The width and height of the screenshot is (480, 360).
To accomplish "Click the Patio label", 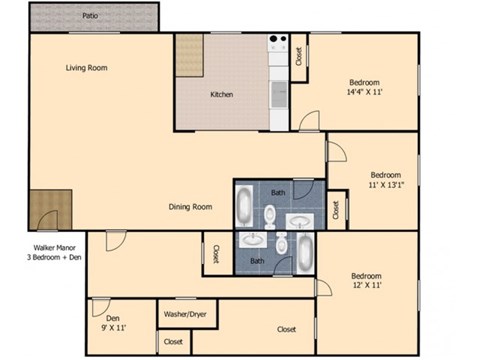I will [x=90, y=16].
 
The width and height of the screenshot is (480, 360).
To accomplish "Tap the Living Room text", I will [x=86, y=68].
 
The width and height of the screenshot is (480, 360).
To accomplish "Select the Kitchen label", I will [x=221, y=95].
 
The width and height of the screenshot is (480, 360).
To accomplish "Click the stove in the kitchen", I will [x=277, y=46].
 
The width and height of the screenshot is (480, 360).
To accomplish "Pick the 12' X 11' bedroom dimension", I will [x=367, y=285].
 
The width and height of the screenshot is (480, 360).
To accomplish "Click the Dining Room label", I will [x=190, y=207].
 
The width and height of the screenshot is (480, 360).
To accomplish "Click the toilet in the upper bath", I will [x=271, y=213].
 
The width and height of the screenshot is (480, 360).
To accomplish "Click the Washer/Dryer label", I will [x=184, y=314].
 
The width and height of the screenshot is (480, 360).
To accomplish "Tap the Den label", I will [x=113, y=318].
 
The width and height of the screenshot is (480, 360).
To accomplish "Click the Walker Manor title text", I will [x=56, y=246].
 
